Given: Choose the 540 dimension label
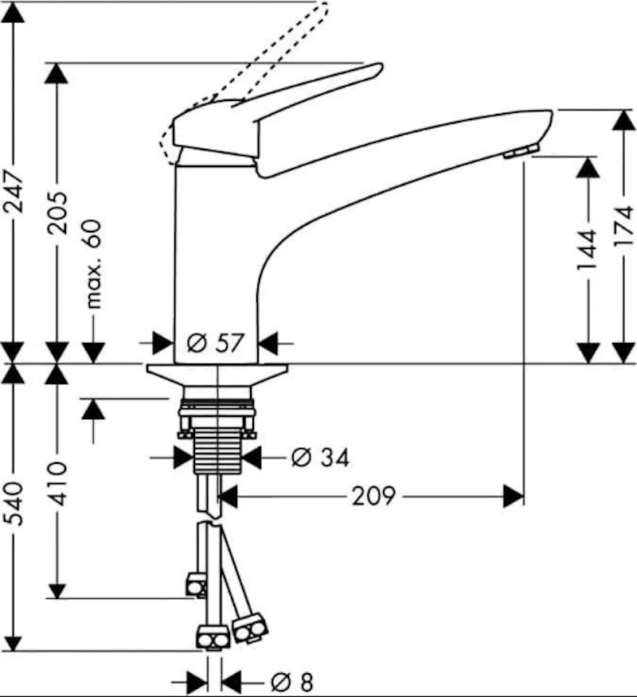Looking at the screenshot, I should [x=14, y=508].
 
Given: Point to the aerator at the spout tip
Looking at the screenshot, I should [x=522, y=152].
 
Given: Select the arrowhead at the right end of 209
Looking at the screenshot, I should [x=514, y=497].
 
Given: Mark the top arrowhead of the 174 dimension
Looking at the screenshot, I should [x=624, y=122].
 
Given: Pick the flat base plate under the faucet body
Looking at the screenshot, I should [x=216, y=372].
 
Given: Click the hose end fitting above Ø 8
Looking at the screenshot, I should [x=213, y=637].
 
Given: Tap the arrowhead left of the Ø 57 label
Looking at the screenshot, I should [x=162, y=344].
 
